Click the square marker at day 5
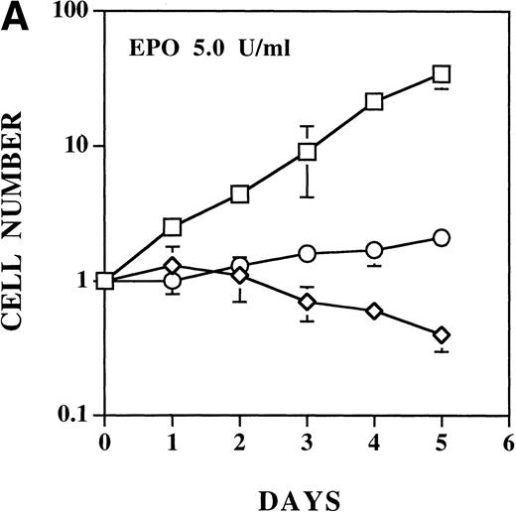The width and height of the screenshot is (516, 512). [x=442, y=74]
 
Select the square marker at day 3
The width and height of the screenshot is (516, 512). [x=307, y=152]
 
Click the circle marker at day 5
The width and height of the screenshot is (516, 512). [x=442, y=237]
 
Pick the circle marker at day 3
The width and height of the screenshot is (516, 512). [x=307, y=253]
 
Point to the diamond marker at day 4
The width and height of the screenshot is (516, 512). [x=374, y=311]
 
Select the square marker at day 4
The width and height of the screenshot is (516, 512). [x=374, y=101]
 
